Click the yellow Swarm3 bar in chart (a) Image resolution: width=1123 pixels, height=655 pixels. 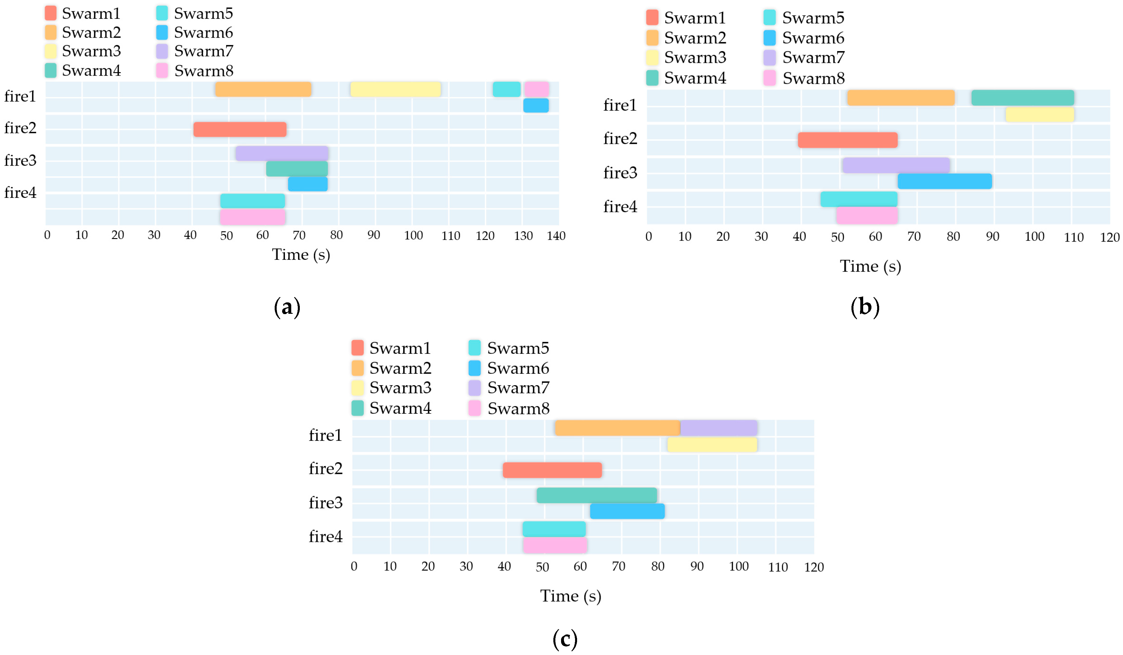pos(395,89)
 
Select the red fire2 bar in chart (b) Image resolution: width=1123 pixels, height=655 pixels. pos(847,140)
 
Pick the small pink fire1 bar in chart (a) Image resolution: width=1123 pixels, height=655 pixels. pos(536,89)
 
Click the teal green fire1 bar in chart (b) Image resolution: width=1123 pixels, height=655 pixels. pos(1022,98)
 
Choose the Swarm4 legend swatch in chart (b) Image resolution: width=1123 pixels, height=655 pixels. pos(652,78)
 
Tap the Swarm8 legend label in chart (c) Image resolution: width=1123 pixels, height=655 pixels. pos(518,409)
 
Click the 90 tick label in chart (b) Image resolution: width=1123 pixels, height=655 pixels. pos(992,237)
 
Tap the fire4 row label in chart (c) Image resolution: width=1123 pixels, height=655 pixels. pos(326,537)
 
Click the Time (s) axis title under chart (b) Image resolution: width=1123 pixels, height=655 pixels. pos(870,266)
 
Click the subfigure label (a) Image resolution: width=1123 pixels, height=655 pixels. pos(287,308)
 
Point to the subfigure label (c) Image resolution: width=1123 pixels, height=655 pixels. pos(564,639)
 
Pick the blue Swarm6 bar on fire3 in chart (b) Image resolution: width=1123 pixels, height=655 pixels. pos(944,181)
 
